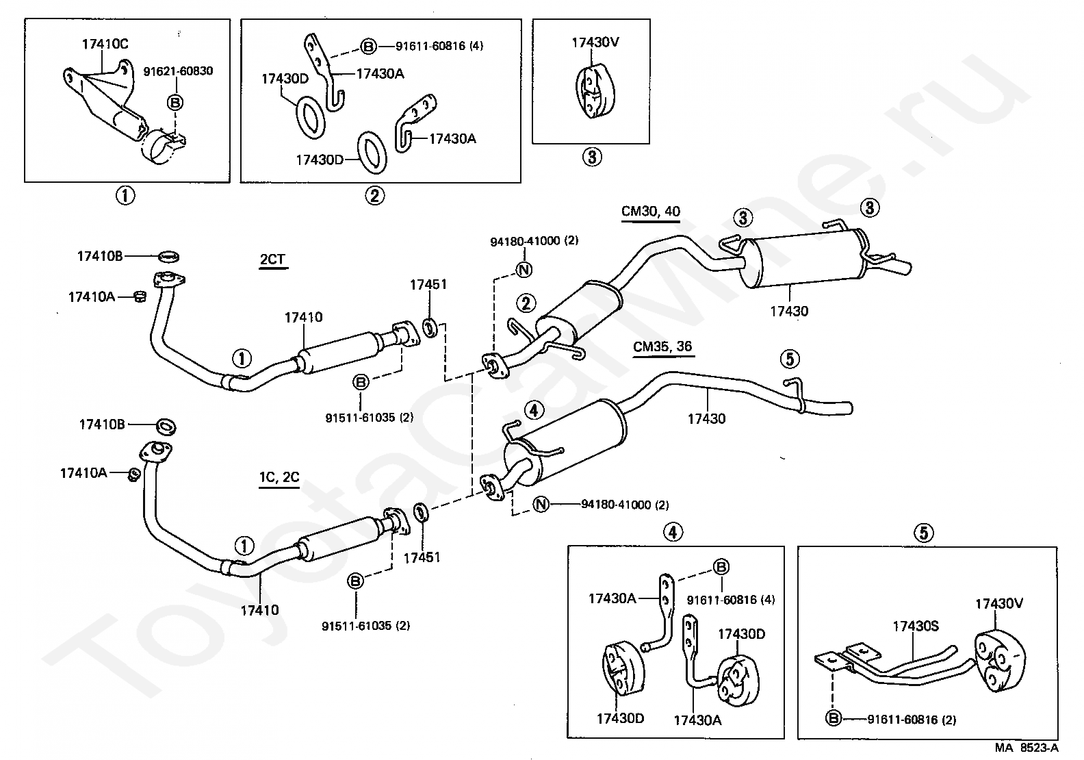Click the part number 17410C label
pos(105,44)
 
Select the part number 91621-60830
pos(178,71)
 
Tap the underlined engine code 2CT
pos(273,259)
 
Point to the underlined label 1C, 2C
pos(279,477)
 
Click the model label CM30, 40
pos(650,212)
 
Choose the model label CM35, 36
pos(662,346)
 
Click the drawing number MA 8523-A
pos(1027,748)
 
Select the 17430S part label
pos(916,626)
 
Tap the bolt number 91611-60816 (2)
pos(912,720)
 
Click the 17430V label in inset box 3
pos(595,42)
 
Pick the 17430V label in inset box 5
pos(999,604)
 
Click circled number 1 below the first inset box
pos(125,196)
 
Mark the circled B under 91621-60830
pos(175,103)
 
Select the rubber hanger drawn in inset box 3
pos(595,91)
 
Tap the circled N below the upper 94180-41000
pos(524,270)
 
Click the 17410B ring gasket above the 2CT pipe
pos(169,256)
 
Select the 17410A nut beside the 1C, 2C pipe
pos(134,475)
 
